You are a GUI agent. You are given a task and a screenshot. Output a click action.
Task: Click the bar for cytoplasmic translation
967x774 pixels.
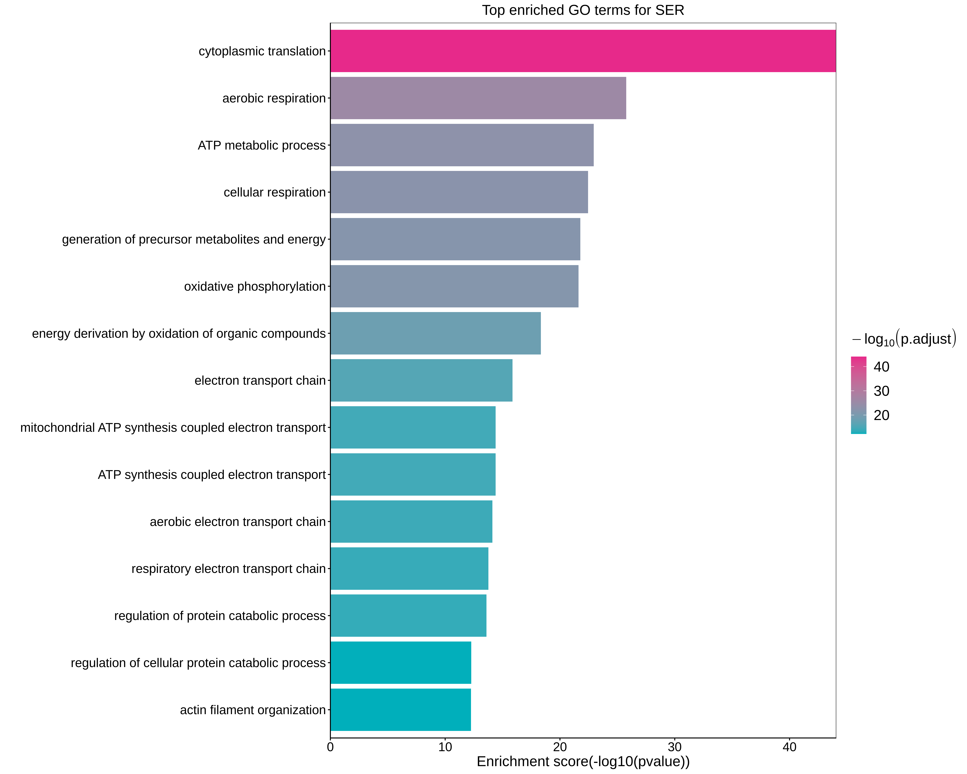(583, 51)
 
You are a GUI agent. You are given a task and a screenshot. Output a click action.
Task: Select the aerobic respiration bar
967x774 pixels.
(478, 98)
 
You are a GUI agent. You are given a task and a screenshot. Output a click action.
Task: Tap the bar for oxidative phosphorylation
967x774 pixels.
(454, 286)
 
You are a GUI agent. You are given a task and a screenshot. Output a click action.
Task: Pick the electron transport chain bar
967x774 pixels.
(421, 381)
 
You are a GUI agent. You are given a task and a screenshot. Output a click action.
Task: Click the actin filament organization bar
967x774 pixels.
(400, 710)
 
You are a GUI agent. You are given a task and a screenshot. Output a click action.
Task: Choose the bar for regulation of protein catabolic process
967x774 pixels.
(408, 616)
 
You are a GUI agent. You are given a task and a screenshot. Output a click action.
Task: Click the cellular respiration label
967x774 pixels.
(274, 192)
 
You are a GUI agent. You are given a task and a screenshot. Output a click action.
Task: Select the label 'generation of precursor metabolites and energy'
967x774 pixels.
(194, 240)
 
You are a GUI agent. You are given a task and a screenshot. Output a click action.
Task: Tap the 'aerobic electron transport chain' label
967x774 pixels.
(238, 522)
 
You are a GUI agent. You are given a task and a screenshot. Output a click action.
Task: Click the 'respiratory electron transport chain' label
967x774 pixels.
(228, 569)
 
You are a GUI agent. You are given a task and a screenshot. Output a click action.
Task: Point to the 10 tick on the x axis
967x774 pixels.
(445, 747)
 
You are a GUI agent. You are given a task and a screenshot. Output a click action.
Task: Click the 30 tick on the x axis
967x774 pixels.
(675, 747)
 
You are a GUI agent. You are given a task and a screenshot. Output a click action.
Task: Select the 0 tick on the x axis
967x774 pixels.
(331, 747)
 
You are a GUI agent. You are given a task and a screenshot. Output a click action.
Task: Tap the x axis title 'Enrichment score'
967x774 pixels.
(583, 761)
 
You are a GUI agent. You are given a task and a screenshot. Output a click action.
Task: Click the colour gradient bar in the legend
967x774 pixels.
(858, 395)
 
